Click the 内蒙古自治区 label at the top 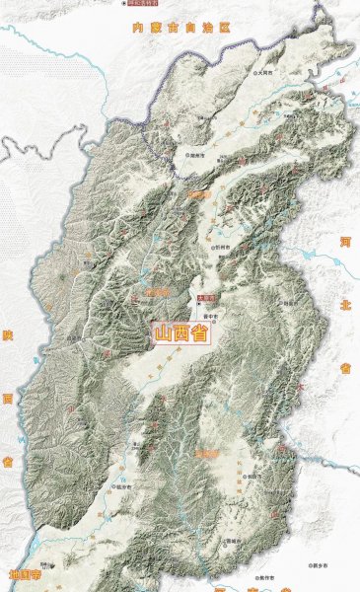click(x=180, y=27)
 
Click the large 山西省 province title click(x=181, y=333)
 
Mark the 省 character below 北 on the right click(x=345, y=367)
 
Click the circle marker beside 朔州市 click(x=184, y=155)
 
